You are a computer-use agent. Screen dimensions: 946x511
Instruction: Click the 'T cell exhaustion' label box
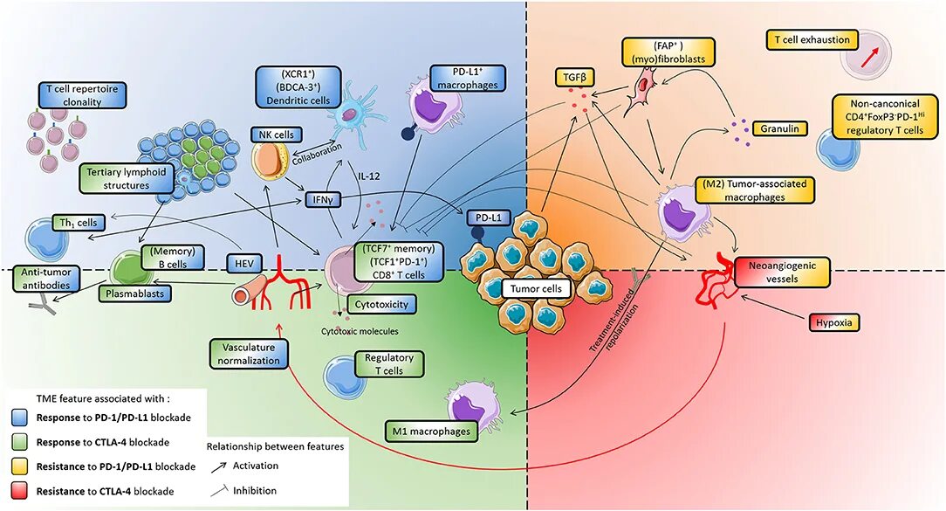(x=812, y=40)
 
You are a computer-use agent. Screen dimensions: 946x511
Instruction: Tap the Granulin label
(x=779, y=128)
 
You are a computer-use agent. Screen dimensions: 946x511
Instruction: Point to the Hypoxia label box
(x=833, y=322)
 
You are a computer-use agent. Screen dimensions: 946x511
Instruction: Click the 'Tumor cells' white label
(x=536, y=289)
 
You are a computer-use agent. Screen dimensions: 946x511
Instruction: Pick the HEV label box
(x=244, y=263)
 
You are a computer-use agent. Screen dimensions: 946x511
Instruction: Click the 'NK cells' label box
(x=277, y=135)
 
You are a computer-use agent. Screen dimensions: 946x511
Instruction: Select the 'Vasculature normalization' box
(x=250, y=354)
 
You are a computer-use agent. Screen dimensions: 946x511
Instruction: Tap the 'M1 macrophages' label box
(x=430, y=432)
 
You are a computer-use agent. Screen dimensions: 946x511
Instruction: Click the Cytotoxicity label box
(x=381, y=305)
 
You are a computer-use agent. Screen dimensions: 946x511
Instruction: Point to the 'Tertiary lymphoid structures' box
(x=126, y=179)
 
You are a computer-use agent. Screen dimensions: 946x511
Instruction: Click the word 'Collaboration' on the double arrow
(x=318, y=155)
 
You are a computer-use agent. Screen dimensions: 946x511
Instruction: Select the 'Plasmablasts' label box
(x=135, y=293)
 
